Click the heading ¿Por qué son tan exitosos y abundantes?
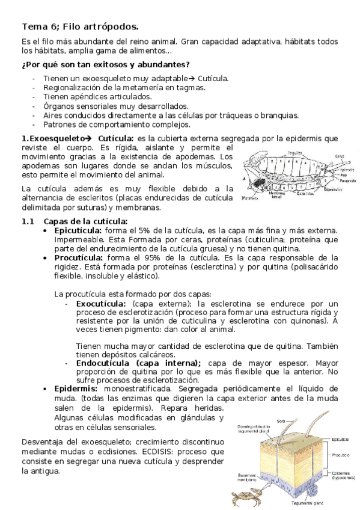pos(106,65)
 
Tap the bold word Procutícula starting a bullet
pos(78,257)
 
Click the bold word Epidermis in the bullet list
pos(76,389)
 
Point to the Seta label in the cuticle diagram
pos(281,421)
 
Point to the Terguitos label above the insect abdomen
pos(294,152)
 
